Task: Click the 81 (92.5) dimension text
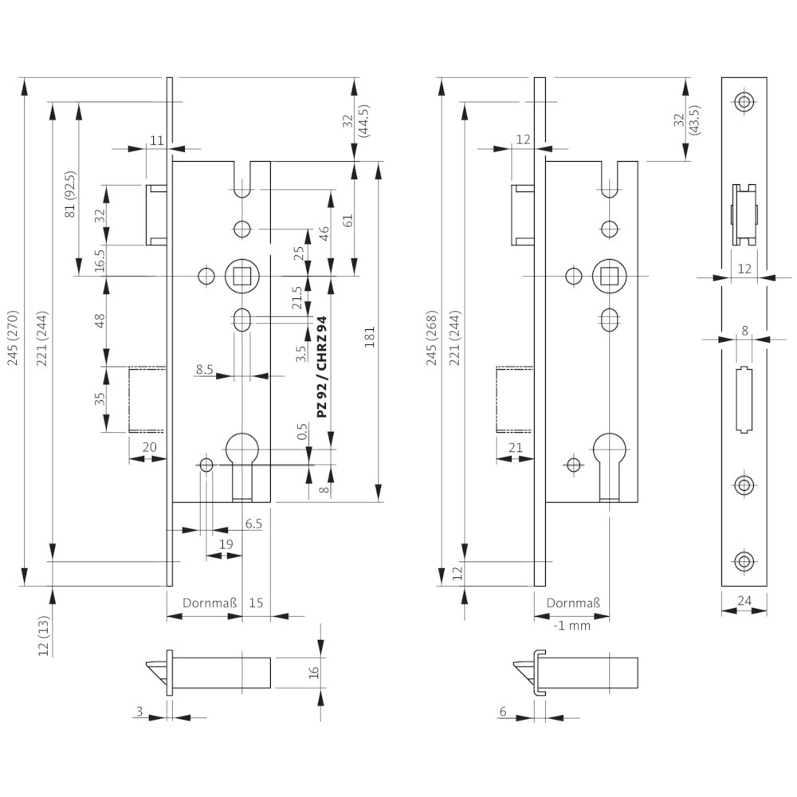(69, 194)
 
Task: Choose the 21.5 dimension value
(297, 298)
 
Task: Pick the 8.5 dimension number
(204, 369)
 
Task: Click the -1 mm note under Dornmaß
(572, 626)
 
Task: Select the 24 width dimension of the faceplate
(744, 602)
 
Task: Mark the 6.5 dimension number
(254, 523)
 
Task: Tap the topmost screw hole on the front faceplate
(744, 101)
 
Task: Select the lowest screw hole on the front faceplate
(744, 561)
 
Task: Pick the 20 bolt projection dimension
(148, 447)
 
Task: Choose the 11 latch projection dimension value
(155, 140)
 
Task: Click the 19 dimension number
(226, 544)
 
